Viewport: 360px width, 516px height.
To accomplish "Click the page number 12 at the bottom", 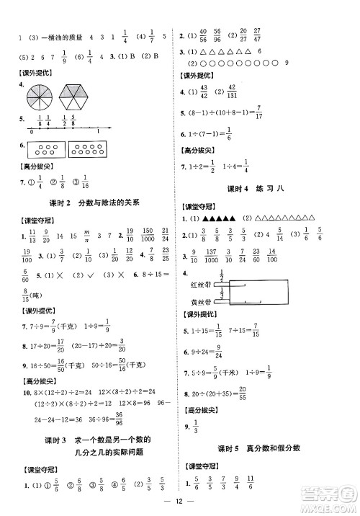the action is (180, 502).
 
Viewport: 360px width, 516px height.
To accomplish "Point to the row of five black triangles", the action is (220, 218).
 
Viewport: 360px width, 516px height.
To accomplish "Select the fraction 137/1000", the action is (213, 255).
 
